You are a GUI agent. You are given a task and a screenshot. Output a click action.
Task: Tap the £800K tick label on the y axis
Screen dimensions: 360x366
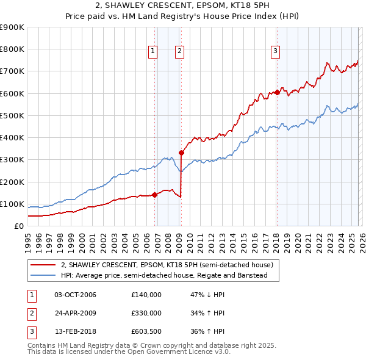pos(12,49)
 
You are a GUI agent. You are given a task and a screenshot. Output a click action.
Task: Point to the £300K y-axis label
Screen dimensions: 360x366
pos(12,160)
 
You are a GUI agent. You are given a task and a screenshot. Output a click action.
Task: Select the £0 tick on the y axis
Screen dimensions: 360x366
pos(19,226)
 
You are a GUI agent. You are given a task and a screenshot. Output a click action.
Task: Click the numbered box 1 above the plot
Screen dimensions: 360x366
pos(152,51)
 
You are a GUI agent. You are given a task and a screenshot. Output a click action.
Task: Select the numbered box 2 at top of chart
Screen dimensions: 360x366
pos(179,51)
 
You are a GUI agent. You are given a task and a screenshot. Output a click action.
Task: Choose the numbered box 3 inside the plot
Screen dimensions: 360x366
pos(275,51)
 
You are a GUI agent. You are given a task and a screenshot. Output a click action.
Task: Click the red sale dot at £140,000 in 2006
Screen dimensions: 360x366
pos(154,195)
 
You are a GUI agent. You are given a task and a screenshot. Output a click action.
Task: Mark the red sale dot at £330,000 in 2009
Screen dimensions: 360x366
pos(182,153)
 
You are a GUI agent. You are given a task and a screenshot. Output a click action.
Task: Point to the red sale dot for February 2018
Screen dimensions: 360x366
pos(277,93)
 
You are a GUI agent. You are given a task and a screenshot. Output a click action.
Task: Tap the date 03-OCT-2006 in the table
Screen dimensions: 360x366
pos(75,295)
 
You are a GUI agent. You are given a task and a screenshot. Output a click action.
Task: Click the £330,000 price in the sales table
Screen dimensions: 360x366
pos(146,313)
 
